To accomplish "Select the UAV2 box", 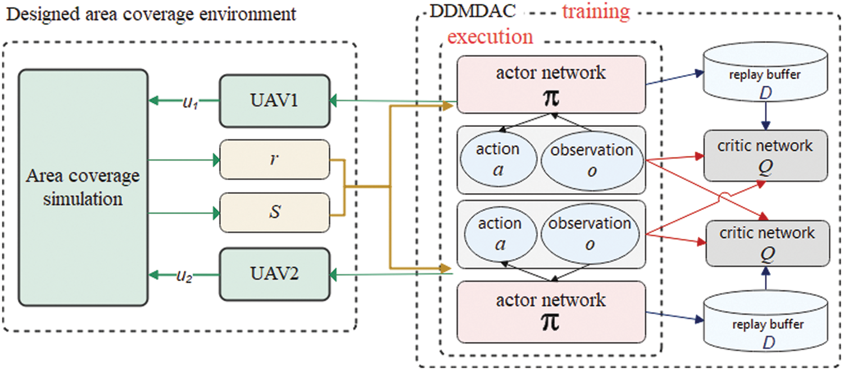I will [x=274, y=275].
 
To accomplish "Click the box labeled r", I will [x=274, y=160].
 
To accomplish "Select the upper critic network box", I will [x=765, y=156].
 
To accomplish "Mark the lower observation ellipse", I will [x=590, y=234].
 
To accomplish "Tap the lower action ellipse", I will [x=499, y=234].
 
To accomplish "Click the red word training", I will [x=596, y=12].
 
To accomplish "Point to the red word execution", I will [x=490, y=37].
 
